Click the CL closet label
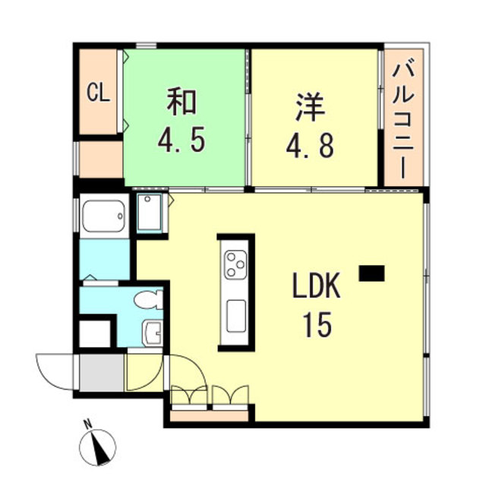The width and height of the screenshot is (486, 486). pos(99,94)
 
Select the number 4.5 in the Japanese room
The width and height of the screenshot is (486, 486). pos(182,140)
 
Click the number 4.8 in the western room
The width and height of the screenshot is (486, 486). pos(310,144)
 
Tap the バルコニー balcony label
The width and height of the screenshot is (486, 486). pos(402,119)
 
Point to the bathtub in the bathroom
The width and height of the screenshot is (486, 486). pos(103,216)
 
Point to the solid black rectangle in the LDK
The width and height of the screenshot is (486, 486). pos(372,272)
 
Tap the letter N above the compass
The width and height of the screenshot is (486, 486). pos(88,424)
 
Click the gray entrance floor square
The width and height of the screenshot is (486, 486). pos(101,372)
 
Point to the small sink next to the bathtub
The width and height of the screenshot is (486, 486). pos(149,212)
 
